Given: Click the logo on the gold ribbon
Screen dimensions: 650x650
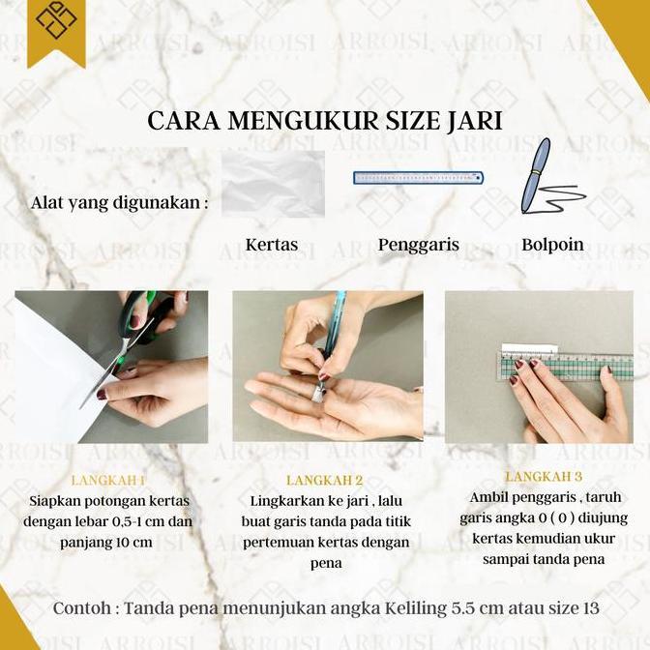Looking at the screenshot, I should [x=55, y=21].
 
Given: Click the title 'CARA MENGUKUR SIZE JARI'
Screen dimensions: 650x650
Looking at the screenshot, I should [x=324, y=120].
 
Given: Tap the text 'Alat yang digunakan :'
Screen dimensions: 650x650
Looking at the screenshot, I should [x=119, y=203].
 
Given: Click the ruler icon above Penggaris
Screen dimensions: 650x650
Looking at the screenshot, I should [x=418, y=178].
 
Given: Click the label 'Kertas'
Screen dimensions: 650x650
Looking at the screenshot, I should [x=272, y=245].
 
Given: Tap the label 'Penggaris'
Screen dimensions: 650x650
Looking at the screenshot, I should [x=418, y=245].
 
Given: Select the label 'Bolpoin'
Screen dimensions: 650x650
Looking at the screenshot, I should [x=552, y=245].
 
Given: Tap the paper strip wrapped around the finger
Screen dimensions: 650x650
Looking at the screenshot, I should [x=317, y=392].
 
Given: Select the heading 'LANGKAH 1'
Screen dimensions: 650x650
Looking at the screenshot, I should [x=108, y=480].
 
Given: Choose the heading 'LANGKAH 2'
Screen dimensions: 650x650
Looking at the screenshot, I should [x=325, y=480].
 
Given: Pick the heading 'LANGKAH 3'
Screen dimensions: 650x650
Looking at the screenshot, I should [x=544, y=477].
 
